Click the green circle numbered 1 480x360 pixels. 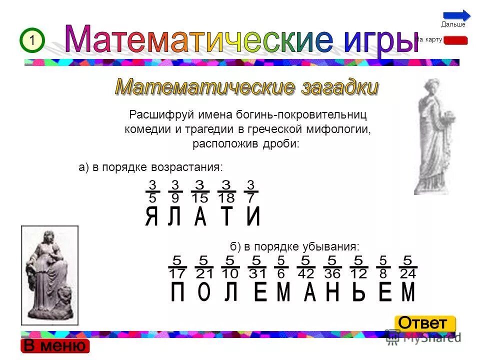[x=32, y=40]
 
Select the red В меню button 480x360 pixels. [x=55, y=345]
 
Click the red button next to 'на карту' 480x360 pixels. [x=455, y=40]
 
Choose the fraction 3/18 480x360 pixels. [x=226, y=191]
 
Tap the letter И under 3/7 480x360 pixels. [x=253, y=217]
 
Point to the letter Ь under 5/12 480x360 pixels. [x=358, y=293]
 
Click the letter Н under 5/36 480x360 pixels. [x=332, y=293]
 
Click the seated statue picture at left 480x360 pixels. [x=49, y=275]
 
